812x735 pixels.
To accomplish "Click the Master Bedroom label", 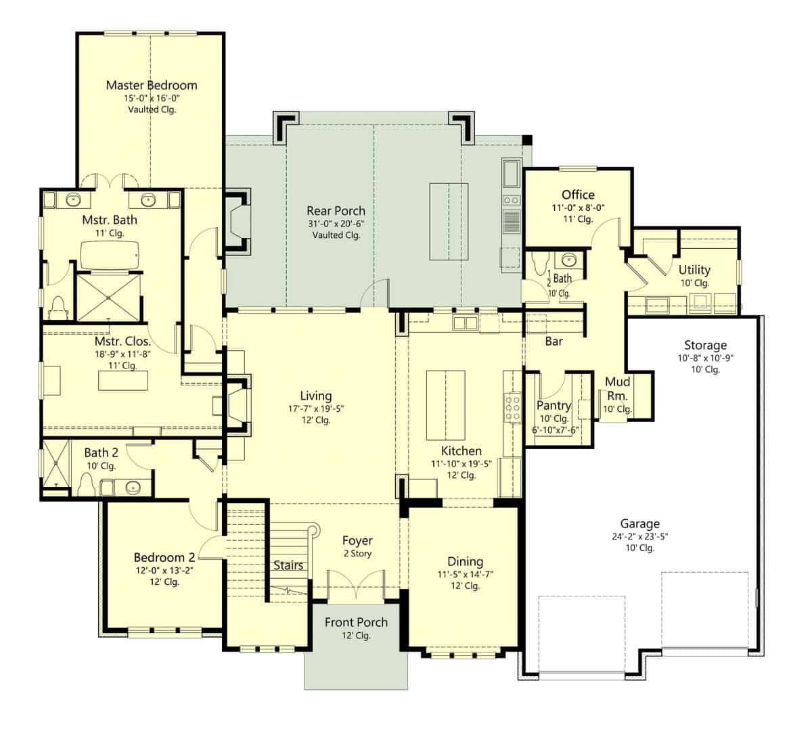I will coord(152,85).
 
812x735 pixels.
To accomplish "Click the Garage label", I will coord(639,523).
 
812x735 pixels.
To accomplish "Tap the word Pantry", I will coord(554,406).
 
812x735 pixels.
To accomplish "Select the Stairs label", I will coord(288,565).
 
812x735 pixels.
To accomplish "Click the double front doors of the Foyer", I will coord(356,585).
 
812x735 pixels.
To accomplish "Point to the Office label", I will coord(578,195).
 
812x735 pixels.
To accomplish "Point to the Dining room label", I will coord(465,561).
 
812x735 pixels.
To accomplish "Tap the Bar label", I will coord(554,341).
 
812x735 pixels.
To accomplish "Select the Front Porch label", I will coord(356,623).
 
